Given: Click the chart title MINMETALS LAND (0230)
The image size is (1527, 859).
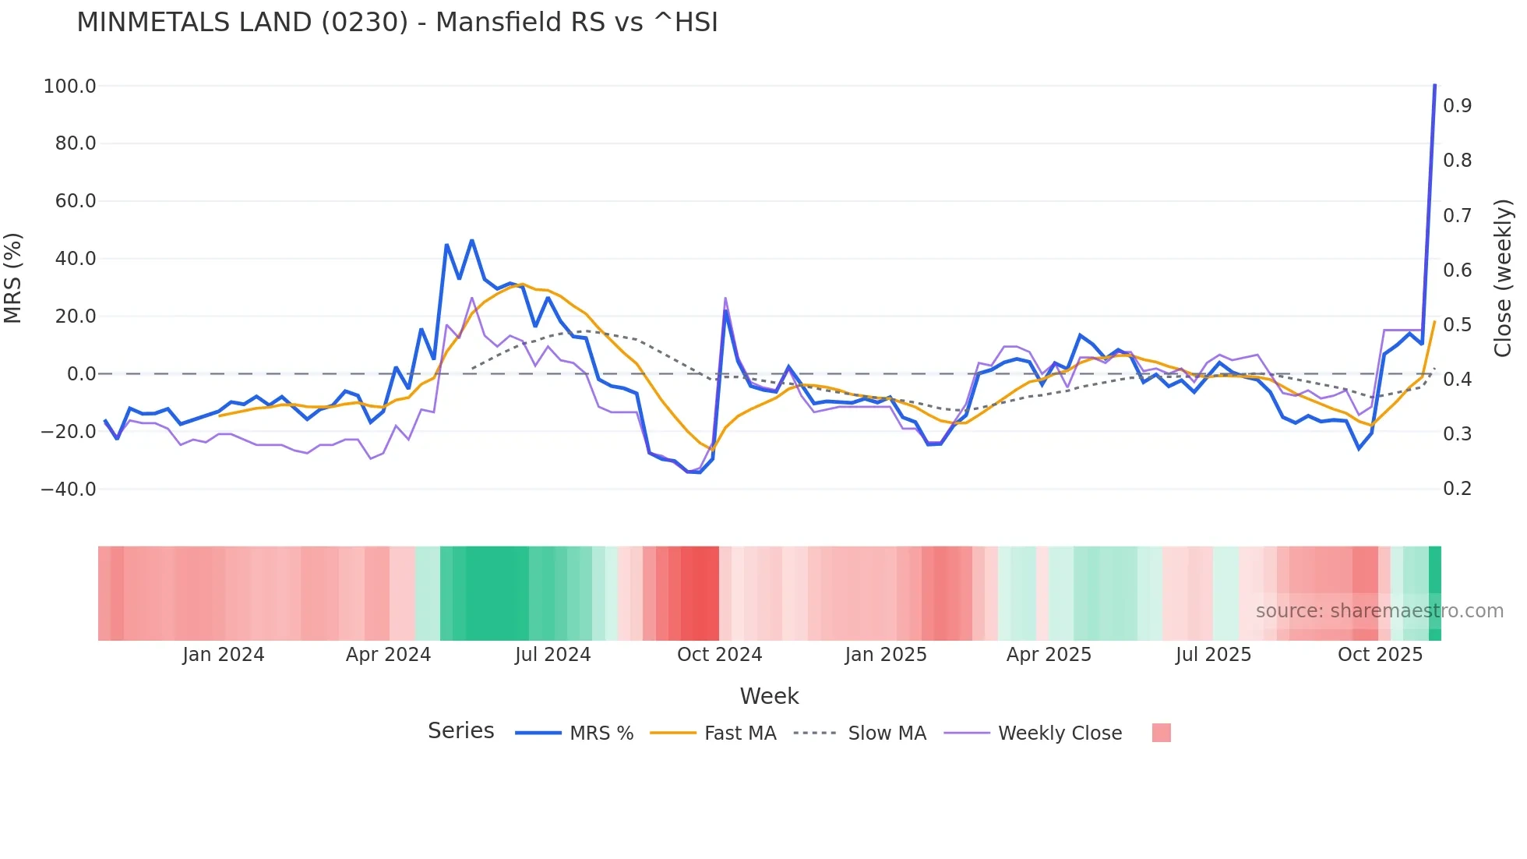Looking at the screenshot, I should tap(397, 23).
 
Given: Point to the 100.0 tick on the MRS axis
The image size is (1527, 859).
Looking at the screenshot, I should tap(70, 87).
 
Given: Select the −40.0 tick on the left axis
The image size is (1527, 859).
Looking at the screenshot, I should tap(69, 490).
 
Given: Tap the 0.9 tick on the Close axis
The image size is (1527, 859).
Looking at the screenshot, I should tap(1457, 106).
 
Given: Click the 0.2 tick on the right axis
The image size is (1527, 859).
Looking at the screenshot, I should tap(1457, 489).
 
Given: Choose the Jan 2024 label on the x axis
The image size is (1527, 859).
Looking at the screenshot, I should tap(224, 655).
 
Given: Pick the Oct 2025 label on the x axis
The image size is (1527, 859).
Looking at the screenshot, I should tap(1380, 655).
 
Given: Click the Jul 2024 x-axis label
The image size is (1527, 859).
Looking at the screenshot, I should tap(552, 655).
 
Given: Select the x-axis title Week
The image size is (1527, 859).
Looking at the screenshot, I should tap(769, 696).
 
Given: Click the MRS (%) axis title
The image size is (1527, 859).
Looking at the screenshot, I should tap(13, 277).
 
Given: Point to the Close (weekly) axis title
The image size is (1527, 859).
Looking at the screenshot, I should tap(1503, 277).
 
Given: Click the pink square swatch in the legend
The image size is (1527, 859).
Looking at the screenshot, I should tap(1161, 733).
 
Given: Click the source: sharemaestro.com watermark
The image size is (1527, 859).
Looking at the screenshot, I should tap(1379, 611).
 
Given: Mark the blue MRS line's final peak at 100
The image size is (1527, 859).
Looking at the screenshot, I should tap(1434, 86).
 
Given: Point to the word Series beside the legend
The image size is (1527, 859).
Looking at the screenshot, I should tap(460, 731).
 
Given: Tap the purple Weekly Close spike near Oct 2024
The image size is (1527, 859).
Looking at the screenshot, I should tap(725, 299).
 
